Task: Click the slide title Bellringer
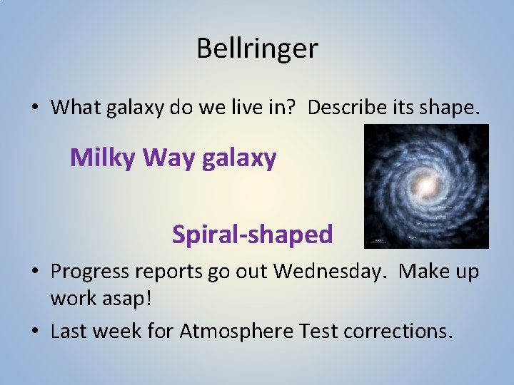[x=257, y=48]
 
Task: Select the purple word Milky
[x=104, y=158]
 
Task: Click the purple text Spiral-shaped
[x=252, y=234]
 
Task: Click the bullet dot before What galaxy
[x=34, y=108]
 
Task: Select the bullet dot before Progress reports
[x=34, y=272]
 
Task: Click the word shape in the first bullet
[x=456, y=108]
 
